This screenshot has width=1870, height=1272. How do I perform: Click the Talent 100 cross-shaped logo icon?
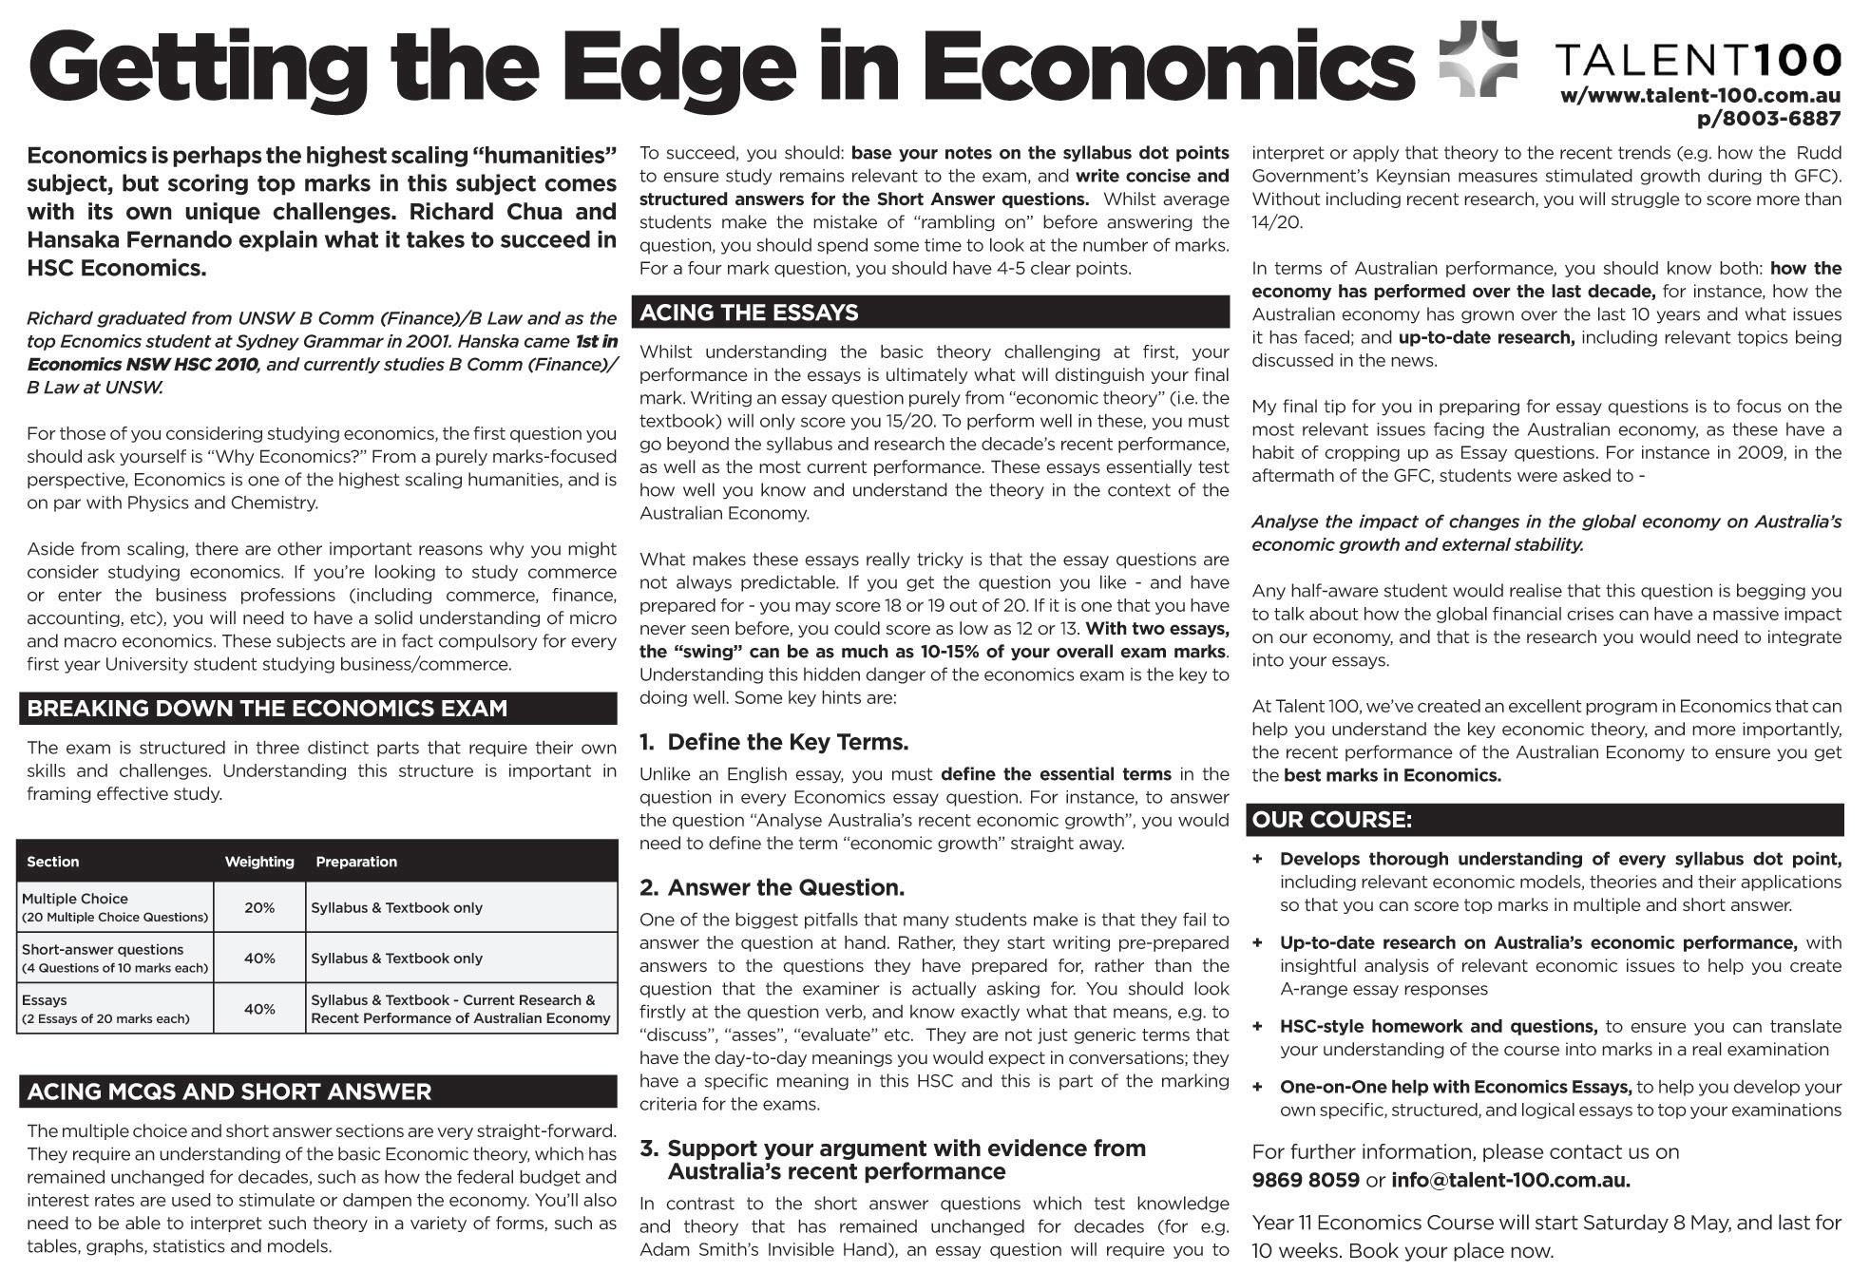pyautogui.click(x=1479, y=59)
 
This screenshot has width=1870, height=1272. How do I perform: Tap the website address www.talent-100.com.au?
pyautogui.click(x=1700, y=96)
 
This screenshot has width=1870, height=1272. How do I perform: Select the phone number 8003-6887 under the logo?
pyautogui.click(x=1768, y=119)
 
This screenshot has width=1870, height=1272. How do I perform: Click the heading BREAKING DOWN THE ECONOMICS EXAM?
pyautogui.click(x=267, y=709)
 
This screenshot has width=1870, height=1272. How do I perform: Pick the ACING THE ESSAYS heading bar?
pyautogui.click(x=749, y=313)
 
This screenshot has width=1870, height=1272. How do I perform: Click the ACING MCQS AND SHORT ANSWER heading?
pyautogui.click(x=229, y=1092)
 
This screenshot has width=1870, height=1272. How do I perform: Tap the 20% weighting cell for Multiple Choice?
pyautogui.click(x=259, y=908)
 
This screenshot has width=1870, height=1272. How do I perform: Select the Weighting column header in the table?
pyautogui.click(x=259, y=862)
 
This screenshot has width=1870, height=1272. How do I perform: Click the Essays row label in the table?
pyautogui.click(x=45, y=1000)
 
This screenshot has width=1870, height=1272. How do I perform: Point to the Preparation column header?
pyautogui.click(x=356, y=862)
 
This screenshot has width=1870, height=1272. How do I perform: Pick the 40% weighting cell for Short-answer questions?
pyautogui.click(x=259, y=959)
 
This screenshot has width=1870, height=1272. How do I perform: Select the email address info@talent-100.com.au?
pyautogui.click(x=1510, y=1181)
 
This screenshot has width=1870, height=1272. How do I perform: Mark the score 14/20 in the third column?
pyautogui.click(x=1277, y=222)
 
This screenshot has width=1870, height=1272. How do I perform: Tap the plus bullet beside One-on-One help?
pyautogui.click(x=1257, y=1087)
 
